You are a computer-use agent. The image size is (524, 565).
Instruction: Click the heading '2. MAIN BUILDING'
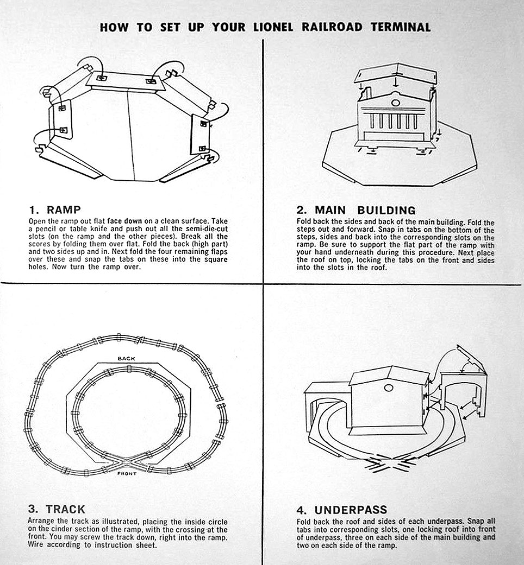(x=356, y=210)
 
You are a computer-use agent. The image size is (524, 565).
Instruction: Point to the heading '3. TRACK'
(x=57, y=509)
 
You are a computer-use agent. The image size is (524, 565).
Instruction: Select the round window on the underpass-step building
(x=388, y=389)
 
